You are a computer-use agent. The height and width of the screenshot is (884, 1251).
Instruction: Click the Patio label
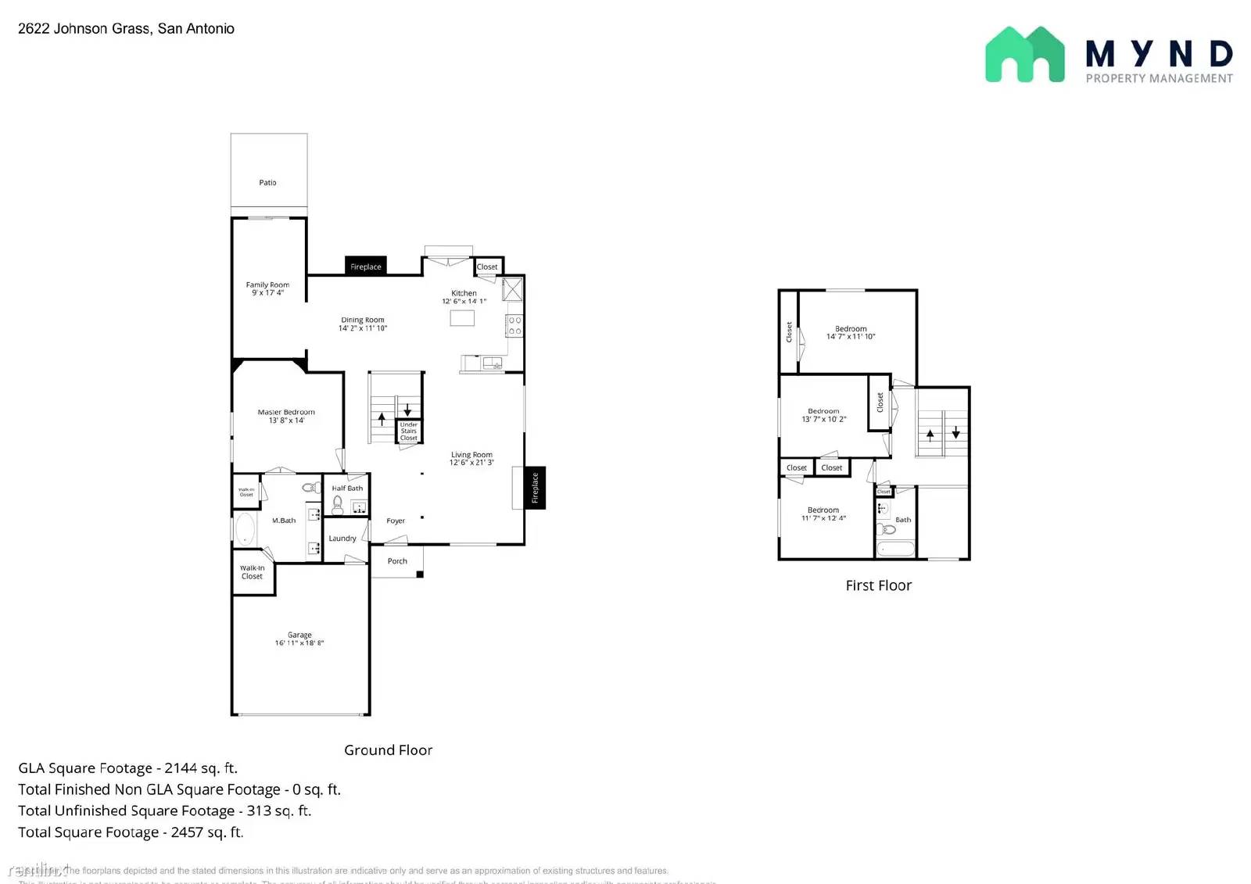coord(267,183)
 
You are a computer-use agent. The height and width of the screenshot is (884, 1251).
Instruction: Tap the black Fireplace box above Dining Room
coord(366,267)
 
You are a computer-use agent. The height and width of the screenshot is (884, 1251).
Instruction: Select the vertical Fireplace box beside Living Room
coord(535,487)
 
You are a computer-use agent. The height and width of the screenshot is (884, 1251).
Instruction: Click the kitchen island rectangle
coord(462,318)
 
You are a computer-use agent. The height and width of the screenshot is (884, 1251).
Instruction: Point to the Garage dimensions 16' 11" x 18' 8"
coord(299,643)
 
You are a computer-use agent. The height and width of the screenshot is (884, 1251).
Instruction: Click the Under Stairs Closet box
coord(409,431)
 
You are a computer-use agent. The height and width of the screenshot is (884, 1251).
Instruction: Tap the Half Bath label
coord(347,489)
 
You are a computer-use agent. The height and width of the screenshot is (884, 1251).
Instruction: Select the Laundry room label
coord(342,539)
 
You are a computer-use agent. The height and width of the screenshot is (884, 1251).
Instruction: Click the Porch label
coord(397,561)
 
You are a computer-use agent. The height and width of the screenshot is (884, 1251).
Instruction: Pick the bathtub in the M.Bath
coord(246,529)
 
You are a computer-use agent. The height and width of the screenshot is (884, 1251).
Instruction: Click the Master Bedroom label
coord(286,412)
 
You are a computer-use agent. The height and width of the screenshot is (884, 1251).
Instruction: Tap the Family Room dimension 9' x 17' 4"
coord(267,293)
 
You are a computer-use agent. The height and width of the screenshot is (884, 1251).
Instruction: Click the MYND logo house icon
coord(1024,55)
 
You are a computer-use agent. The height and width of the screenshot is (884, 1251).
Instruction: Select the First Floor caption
coord(878,585)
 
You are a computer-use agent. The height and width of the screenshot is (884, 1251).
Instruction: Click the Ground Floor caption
coord(388,750)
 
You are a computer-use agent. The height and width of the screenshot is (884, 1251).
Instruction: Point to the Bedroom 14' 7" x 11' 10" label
coord(851,333)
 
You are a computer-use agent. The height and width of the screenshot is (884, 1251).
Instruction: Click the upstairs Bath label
coord(903,520)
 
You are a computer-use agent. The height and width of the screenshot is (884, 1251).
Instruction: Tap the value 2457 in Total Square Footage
coord(187,832)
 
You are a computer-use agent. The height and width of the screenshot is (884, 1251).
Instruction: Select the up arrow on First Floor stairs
coord(930,435)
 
